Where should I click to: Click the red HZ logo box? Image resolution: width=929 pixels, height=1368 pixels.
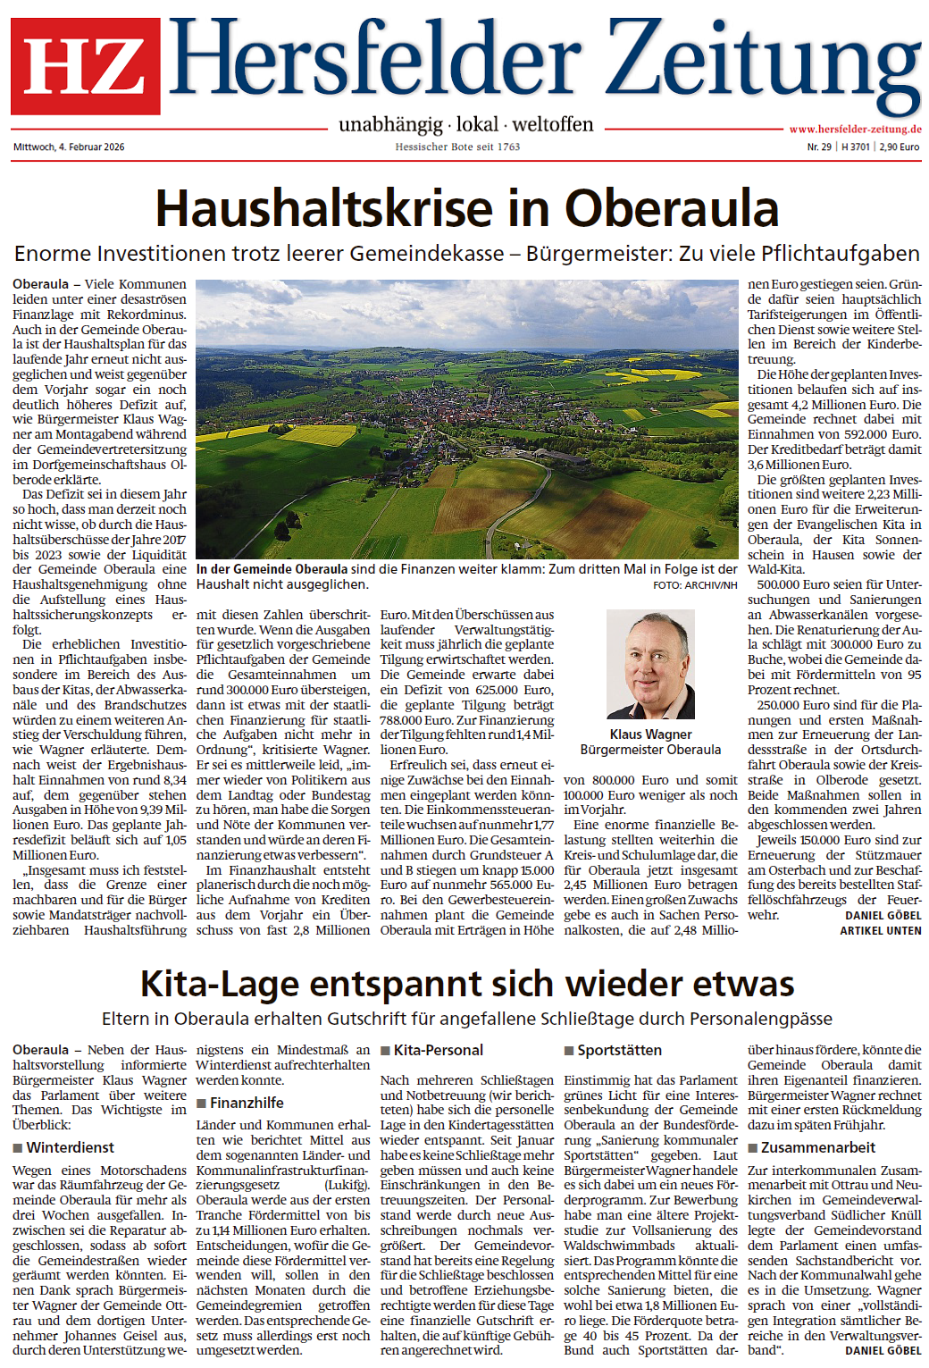[x=86, y=66]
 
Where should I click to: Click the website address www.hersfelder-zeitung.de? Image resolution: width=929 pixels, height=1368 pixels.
[x=855, y=129]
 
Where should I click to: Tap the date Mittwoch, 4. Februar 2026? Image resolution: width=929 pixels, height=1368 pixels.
[x=69, y=147]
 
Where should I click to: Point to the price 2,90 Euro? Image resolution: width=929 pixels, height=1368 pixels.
[x=899, y=147]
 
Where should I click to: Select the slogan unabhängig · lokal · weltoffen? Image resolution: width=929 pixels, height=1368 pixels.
[x=465, y=124]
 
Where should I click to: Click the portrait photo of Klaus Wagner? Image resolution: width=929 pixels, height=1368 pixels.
[x=649, y=665]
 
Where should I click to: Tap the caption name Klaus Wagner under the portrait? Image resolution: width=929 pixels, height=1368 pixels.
[x=650, y=734]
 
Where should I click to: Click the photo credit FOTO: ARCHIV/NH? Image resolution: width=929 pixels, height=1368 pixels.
[x=695, y=585]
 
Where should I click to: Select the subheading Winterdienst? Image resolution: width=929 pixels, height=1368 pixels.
[x=71, y=1147]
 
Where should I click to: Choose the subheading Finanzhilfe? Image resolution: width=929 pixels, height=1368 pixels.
[x=247, y=1103]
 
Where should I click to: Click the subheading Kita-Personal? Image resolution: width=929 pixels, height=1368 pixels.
[x=438, y=1050]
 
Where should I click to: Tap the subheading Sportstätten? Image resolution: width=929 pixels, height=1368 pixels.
[x=619, y=1050]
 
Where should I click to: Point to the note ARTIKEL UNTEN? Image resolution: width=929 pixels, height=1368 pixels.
[x=880, y=930]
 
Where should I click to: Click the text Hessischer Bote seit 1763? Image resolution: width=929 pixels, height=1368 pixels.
[x=457, y=147]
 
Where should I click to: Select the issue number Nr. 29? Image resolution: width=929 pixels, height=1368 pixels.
[x=819, y=147]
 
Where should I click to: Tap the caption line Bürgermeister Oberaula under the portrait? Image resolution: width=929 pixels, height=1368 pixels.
[x=650, y=750]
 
